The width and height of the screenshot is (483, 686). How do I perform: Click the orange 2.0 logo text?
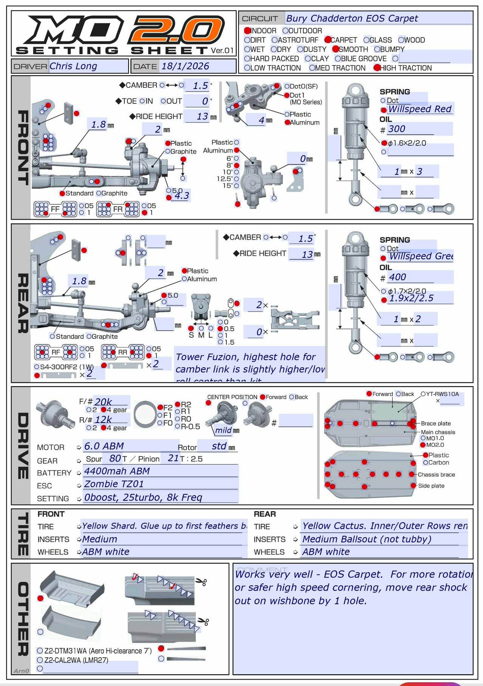coord(176,30)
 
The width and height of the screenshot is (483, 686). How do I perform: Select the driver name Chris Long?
coord(73,66)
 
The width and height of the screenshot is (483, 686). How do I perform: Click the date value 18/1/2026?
coord(185,66)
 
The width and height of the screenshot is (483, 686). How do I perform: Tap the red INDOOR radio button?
coord(247,31)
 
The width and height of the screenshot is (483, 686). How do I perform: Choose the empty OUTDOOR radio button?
coord(286,31)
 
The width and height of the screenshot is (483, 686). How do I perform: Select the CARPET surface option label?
coord(344,40)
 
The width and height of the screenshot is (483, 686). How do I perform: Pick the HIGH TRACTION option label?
coord(406,68)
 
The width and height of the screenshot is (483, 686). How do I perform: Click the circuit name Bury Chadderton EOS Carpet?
coord(352,18)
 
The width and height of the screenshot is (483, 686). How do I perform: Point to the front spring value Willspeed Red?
coord(420,109)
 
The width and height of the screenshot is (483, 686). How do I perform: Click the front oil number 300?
coord(396,129)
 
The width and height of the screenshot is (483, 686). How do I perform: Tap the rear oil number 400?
coord(397,277)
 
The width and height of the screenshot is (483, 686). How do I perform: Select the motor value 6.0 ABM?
coord(104,446)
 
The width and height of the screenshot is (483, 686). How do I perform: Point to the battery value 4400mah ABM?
coord(117,471)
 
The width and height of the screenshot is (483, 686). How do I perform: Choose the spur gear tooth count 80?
coord(115,458)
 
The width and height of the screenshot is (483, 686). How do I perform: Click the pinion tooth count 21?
coord(173,458)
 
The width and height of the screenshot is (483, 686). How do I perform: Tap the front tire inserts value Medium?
coord(100,539)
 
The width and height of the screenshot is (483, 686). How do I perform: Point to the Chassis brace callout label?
coord(436,475)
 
